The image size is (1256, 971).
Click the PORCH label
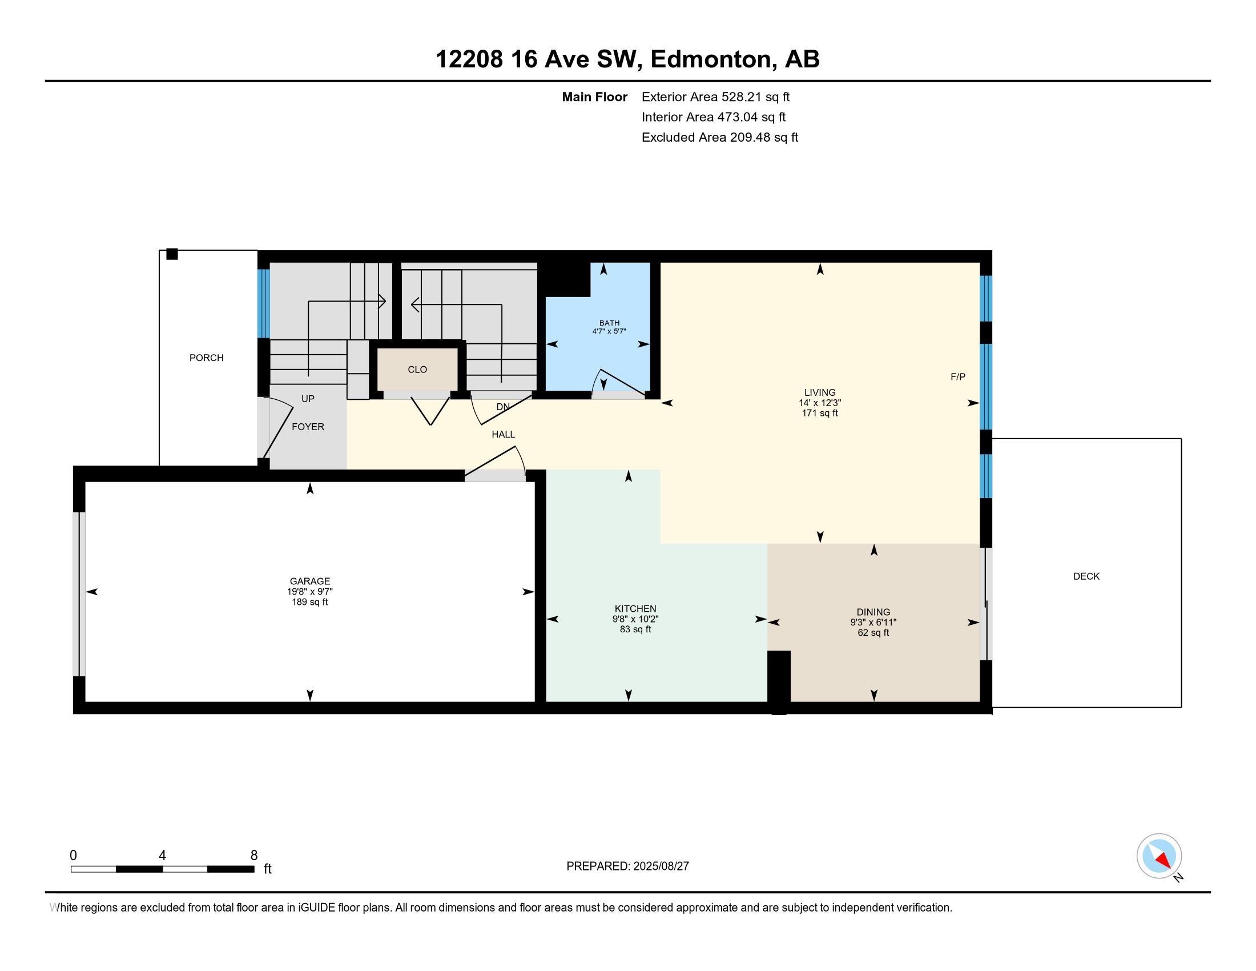207,358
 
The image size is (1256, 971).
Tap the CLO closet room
417,370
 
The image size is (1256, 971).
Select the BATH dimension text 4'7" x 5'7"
609,331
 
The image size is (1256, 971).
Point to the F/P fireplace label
957,377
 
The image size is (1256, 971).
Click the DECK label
1086,576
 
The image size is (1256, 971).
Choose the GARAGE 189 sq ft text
309,602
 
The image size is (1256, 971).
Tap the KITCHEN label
635,609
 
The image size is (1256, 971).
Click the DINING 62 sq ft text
873,633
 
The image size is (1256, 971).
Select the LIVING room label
820,393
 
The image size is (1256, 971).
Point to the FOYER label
308,427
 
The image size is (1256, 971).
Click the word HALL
503,434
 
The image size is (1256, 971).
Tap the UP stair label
308,399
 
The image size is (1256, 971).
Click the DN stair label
503,407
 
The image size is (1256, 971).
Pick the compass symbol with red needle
1159,856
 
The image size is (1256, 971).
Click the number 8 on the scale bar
254,856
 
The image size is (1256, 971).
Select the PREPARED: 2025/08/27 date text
627,866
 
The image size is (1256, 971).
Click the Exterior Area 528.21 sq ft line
715,97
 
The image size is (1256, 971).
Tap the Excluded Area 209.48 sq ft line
720,138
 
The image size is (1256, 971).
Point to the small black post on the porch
172,254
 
